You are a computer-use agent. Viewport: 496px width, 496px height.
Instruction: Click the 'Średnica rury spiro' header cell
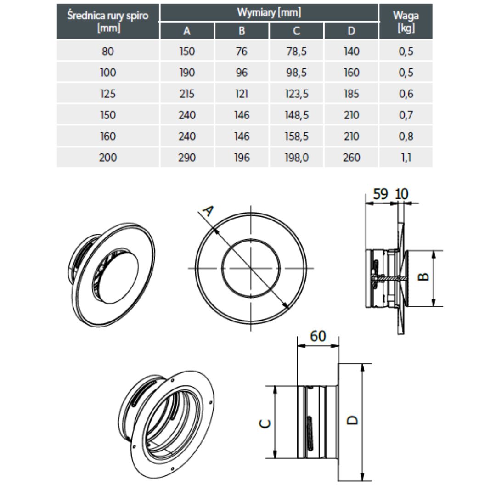pos(108,21)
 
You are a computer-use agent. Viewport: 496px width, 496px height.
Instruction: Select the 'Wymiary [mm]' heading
pos(269,12)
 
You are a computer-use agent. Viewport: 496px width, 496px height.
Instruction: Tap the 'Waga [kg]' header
pos(406,21)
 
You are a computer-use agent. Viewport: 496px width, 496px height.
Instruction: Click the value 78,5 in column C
pos(296,51)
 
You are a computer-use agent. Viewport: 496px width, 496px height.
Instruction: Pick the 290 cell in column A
pos(187,158)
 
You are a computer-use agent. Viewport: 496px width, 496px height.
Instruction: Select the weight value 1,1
pos(406,158)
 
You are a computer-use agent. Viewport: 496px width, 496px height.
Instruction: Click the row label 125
pos(108,94)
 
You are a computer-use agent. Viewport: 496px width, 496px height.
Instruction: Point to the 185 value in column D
pos(351,94)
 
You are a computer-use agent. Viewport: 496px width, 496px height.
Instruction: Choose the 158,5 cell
pos(296,136)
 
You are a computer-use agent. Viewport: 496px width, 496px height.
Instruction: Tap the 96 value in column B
pos(242,73)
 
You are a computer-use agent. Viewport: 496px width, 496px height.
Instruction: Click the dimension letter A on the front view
pos(208,211)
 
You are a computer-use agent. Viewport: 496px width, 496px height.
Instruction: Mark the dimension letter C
pos(265,423)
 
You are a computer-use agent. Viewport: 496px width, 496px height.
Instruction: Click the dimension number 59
pos(380,194)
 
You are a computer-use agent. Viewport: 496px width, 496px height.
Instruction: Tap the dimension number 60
pos(318,336)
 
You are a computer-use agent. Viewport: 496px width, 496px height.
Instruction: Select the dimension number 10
pos(401,194)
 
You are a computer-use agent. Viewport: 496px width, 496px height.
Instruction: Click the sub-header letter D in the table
pos(351,31)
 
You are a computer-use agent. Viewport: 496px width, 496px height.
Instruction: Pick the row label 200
pos(108,158)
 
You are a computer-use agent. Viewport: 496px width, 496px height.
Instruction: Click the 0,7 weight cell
pos(406,115)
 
